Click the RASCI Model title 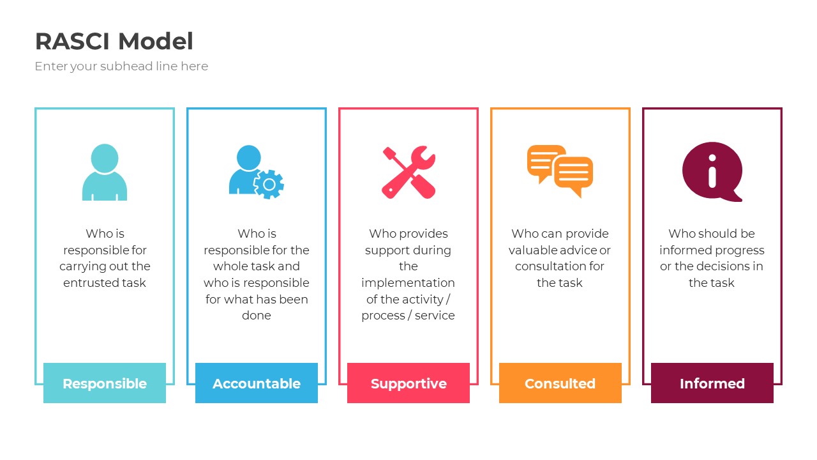[x=114, y=42]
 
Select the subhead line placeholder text [x=121, y=66]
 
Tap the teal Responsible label [x=105, y=383]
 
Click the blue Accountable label [x=257, y=383]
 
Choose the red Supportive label [x=408, y=383]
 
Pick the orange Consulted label [x=560, y=383]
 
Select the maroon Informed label [x=712, y=383]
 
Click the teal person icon [x=105, y=172]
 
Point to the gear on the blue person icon [x=269, y=184]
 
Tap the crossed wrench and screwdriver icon [x=408, y=172]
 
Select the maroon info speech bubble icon [x=712, y=171]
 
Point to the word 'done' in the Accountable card [x=257, y=316]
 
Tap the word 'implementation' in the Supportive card [x=408, y=283]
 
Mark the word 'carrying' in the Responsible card [x=84, y=266]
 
